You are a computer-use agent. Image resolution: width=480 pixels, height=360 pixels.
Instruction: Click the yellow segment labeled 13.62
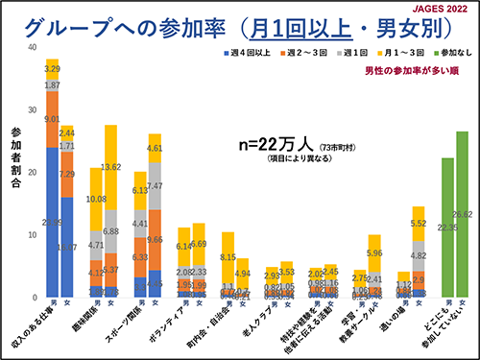click(110, 167)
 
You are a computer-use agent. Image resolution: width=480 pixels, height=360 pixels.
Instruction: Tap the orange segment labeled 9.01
click(52, 120)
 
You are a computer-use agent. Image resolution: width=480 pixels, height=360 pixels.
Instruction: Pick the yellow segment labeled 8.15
click(228, 257)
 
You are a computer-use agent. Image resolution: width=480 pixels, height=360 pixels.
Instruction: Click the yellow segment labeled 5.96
click(374, 253)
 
